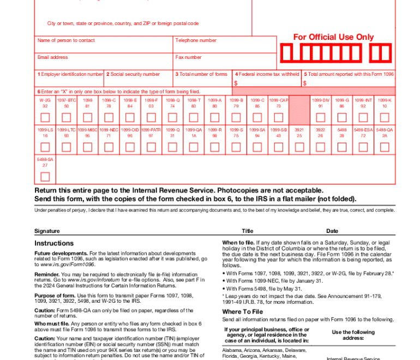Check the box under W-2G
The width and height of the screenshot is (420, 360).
point(45,117)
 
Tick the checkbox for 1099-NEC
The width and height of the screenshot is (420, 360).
point(109,147)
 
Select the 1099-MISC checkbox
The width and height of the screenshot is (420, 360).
point(87,147)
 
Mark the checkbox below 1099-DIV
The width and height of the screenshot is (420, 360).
point(321,117)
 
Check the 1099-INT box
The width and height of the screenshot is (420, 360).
point(363,117)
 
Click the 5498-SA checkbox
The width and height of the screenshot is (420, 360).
point(45,177)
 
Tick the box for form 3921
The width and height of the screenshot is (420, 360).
point(299,147)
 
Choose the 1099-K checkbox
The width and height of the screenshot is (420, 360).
point(385,117)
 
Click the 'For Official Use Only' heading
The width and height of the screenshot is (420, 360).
point(333,37)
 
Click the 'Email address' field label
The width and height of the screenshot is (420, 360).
point(53,57)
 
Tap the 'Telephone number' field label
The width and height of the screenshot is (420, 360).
point(196,40)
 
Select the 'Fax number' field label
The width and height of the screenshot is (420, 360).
point(188,57)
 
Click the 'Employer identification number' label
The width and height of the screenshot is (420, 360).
point(71,74)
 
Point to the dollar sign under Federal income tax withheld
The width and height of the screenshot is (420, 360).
point(236,83)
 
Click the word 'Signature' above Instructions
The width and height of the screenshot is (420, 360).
point(47,231)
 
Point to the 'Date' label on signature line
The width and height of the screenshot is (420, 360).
point(332,231)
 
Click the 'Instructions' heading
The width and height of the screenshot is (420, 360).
point(54,243)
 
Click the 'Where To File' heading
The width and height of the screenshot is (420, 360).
point(242,312)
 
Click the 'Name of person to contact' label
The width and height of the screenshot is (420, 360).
point(66,40)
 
